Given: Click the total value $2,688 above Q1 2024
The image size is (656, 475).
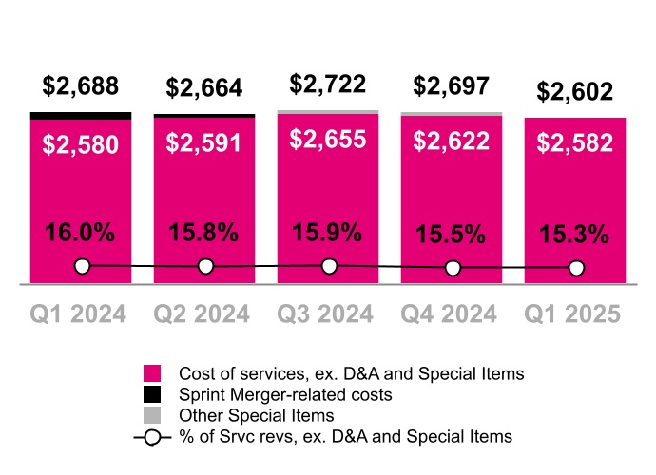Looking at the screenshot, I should click(81, 86).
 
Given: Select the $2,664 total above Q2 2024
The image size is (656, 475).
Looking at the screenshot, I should click(204, 88).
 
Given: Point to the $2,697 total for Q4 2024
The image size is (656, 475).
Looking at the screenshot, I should click(452, 86).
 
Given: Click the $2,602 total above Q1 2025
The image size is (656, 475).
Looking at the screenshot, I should click(575, 92).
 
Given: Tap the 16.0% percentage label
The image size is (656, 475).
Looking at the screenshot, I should click(81, 232).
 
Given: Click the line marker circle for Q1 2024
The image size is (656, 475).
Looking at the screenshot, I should click(82, 266).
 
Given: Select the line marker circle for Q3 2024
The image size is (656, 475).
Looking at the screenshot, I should click(329, 266).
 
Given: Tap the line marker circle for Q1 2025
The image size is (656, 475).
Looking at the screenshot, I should click(576, 269).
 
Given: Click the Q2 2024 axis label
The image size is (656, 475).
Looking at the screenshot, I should click(204, 314).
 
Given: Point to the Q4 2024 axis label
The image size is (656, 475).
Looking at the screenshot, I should click(452, 314).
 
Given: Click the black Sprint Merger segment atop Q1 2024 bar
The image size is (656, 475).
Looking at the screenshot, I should click(81, 116).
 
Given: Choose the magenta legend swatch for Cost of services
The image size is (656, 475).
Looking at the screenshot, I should click(152, 374).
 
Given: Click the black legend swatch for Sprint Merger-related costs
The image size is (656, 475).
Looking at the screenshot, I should click(152, 394).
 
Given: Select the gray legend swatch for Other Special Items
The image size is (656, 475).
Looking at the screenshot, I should click(152, 415).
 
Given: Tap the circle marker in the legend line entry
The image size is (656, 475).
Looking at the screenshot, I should click(152, 437).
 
